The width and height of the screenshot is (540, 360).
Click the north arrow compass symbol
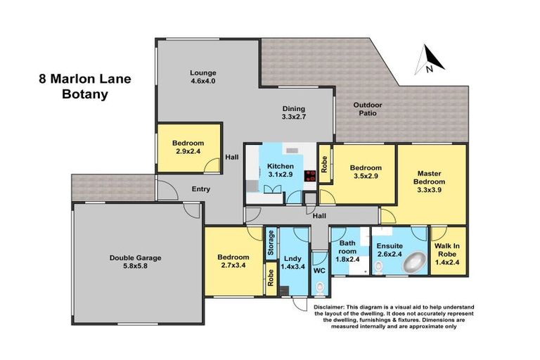(430, 60)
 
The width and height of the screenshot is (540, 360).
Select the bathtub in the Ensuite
(415, 263)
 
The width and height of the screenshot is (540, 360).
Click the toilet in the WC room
(320, 289)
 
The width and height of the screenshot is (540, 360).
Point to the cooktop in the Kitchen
(310, 176)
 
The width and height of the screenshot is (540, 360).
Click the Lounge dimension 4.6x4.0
(202, 82)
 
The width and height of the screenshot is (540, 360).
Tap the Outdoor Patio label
(368, 109)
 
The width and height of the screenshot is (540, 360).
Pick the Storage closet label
(271, 243)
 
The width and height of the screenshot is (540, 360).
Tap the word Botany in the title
(85, 94)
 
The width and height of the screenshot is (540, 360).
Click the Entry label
(201, 189)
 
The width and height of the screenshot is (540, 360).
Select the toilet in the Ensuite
(378, 267)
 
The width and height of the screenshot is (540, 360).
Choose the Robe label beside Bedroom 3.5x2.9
(324, 165)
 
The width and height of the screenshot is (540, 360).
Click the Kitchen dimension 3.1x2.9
(281, 174)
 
